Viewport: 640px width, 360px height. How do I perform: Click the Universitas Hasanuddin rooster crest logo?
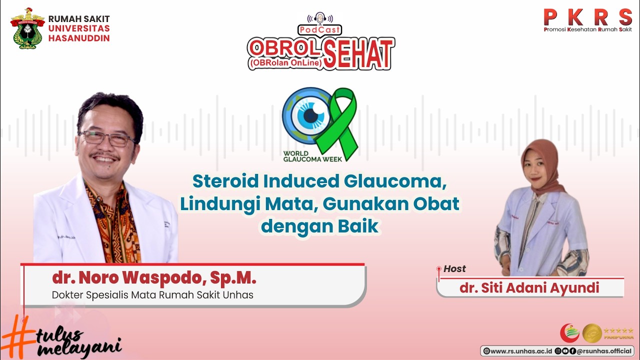tap(28, 28)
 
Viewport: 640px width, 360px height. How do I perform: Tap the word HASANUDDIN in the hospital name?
tap(79, 38)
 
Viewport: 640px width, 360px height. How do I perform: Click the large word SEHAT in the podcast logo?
tap(358, 53)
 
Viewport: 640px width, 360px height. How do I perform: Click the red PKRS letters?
tap(587, 17)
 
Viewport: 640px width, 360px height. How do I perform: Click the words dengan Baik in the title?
tap(319, 226)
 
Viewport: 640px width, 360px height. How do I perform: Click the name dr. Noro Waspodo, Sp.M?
tap(154, 278)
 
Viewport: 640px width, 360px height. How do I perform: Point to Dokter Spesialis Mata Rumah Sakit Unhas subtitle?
tap(152, 295)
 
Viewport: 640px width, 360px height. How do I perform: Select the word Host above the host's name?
tap(454, 269)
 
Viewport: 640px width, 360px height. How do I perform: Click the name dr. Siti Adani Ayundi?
tap(529, 288)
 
